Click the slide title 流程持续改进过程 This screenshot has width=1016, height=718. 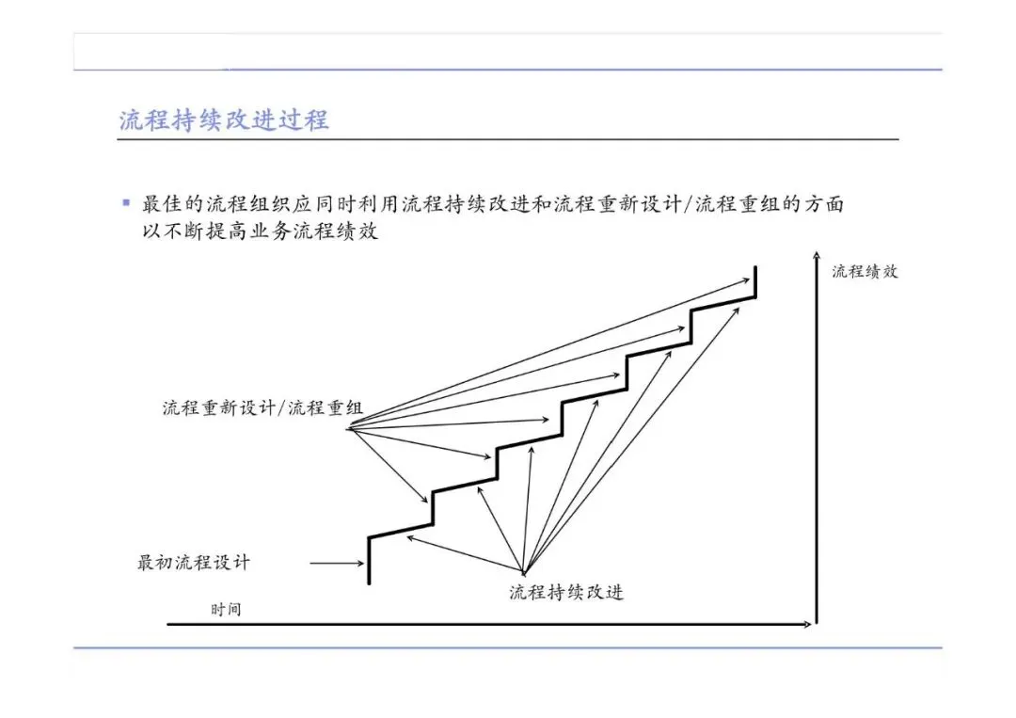point(224,120)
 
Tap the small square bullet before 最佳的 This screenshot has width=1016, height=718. point(125,202)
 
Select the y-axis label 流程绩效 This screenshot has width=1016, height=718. point(865,271)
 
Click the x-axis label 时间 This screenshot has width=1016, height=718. point(226,609)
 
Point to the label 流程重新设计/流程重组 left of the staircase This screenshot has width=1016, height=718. point(262,408)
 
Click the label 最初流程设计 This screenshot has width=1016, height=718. point(195,564)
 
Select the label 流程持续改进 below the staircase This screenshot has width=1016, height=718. point(566,592)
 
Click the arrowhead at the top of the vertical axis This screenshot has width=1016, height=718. point(816,255)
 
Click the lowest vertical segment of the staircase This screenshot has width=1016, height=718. point(369,560)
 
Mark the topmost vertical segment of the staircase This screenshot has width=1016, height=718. point(755,281)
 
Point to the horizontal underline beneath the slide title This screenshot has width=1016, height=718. point(508,139)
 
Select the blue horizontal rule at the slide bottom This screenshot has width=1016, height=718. point(508,647)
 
